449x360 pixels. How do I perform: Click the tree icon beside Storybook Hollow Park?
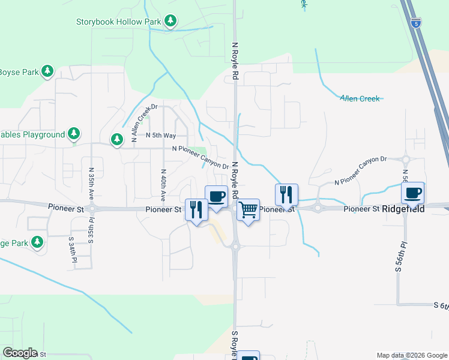(171, 22)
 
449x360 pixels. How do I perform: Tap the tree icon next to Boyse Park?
(47, 72)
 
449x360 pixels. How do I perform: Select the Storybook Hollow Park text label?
(119, 22)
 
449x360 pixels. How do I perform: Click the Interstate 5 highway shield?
(416, 23)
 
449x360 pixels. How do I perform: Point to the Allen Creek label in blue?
(360, 98)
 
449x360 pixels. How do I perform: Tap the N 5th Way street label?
(161, 136)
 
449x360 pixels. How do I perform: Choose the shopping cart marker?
(248, 210)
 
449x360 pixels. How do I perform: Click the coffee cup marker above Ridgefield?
(413, 193)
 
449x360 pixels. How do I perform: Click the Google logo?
(20, 353)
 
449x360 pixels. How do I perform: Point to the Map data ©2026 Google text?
(412, 355)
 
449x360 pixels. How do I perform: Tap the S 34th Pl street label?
(71, 250)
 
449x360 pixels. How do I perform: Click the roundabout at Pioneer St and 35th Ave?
(92, 209)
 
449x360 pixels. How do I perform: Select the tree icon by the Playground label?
(73, 133)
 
